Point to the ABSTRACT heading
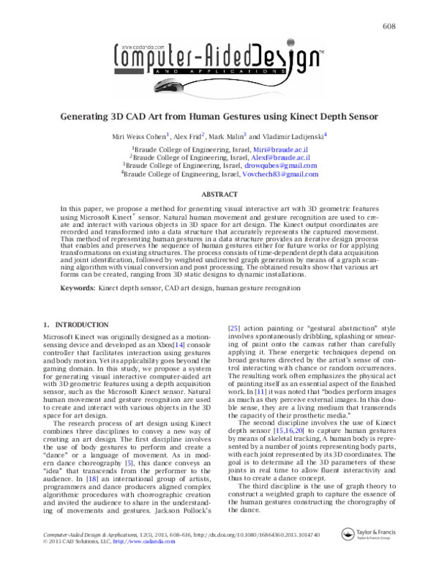219,194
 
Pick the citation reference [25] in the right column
236,328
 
